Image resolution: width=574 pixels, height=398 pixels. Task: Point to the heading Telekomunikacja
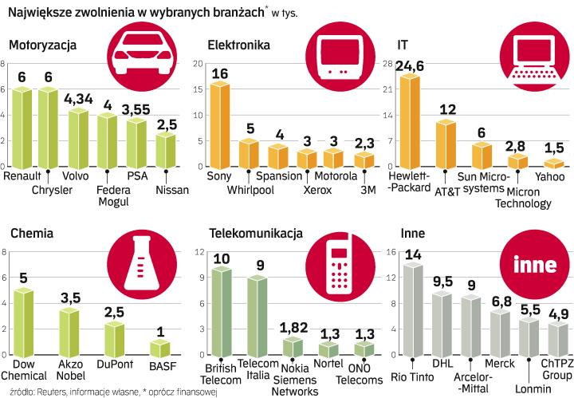tap(256, 234)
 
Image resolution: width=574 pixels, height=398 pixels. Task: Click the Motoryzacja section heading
tap(44, 45)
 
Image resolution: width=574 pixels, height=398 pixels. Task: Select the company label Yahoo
tap(549, 176)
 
